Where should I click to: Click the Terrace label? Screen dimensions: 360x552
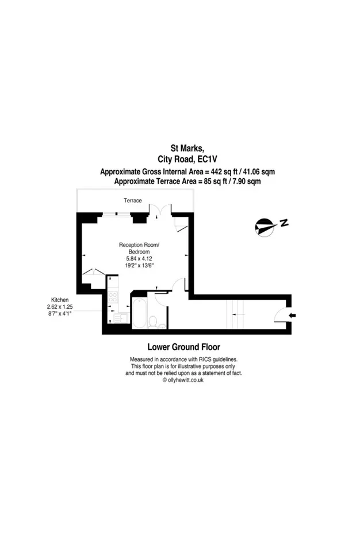(132, 200)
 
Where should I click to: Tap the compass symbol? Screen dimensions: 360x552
(265, 227)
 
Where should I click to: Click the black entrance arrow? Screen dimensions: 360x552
(292, 316)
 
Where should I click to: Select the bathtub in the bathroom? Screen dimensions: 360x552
(139, 313)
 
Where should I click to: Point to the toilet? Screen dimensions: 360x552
(153, 322)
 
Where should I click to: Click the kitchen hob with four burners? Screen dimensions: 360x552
(113, 297)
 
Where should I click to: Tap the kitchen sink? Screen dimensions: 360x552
(114, 318)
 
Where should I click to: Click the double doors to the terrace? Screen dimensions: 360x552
(160, 210)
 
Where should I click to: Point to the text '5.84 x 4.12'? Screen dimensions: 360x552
(139, 258)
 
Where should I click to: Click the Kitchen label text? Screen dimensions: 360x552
(60, 300)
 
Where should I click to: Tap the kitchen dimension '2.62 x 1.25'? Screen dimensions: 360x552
(60, 306)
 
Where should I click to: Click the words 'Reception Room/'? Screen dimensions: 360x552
(139, 245)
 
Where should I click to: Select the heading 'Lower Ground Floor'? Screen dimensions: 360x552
(184, 347)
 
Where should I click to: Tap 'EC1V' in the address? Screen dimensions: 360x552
(207, 159)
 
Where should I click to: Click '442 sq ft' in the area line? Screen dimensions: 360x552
(223, 172)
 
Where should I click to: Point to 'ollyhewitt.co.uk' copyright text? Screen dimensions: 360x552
(186, 380)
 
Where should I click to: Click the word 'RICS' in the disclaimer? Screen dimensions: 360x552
(205, 359)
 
